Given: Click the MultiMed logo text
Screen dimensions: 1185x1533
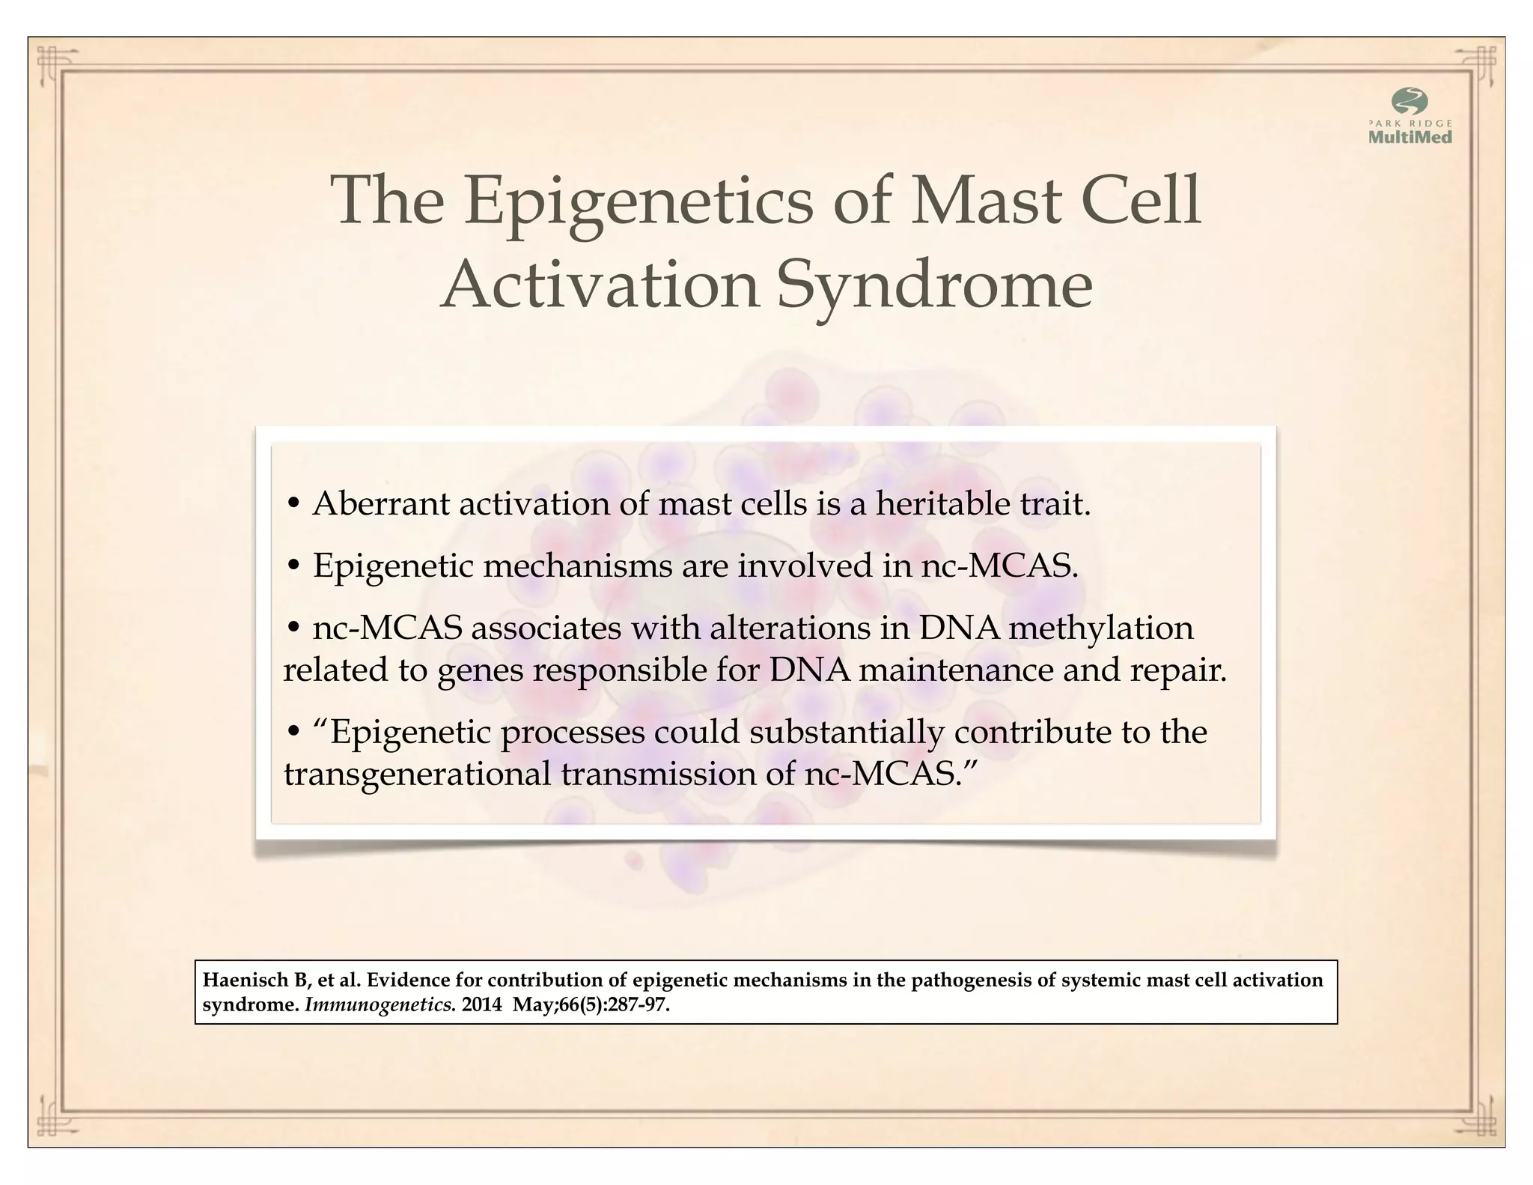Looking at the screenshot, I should tap(1409, 137).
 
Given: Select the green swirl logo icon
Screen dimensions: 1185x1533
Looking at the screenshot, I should tap(1409, 101).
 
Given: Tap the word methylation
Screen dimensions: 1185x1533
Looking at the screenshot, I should tap(1100, 628).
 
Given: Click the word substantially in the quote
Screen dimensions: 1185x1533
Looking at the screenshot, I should tap(846, 732).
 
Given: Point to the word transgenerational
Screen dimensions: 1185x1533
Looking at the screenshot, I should tap(417, 774).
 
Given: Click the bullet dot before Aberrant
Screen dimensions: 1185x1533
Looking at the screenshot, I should tap(294, 504).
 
